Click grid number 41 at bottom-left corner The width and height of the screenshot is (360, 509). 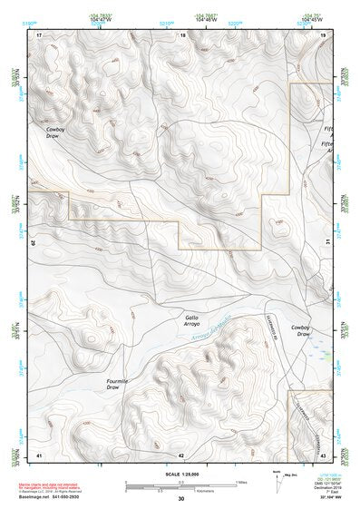[x=39, y=455]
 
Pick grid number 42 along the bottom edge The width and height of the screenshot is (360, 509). [x=181, y=455]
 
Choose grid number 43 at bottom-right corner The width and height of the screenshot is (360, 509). [x=323, y=455]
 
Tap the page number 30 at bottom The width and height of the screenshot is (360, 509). [x=181, y=499]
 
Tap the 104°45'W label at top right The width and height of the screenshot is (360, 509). [x=309, y=16]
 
